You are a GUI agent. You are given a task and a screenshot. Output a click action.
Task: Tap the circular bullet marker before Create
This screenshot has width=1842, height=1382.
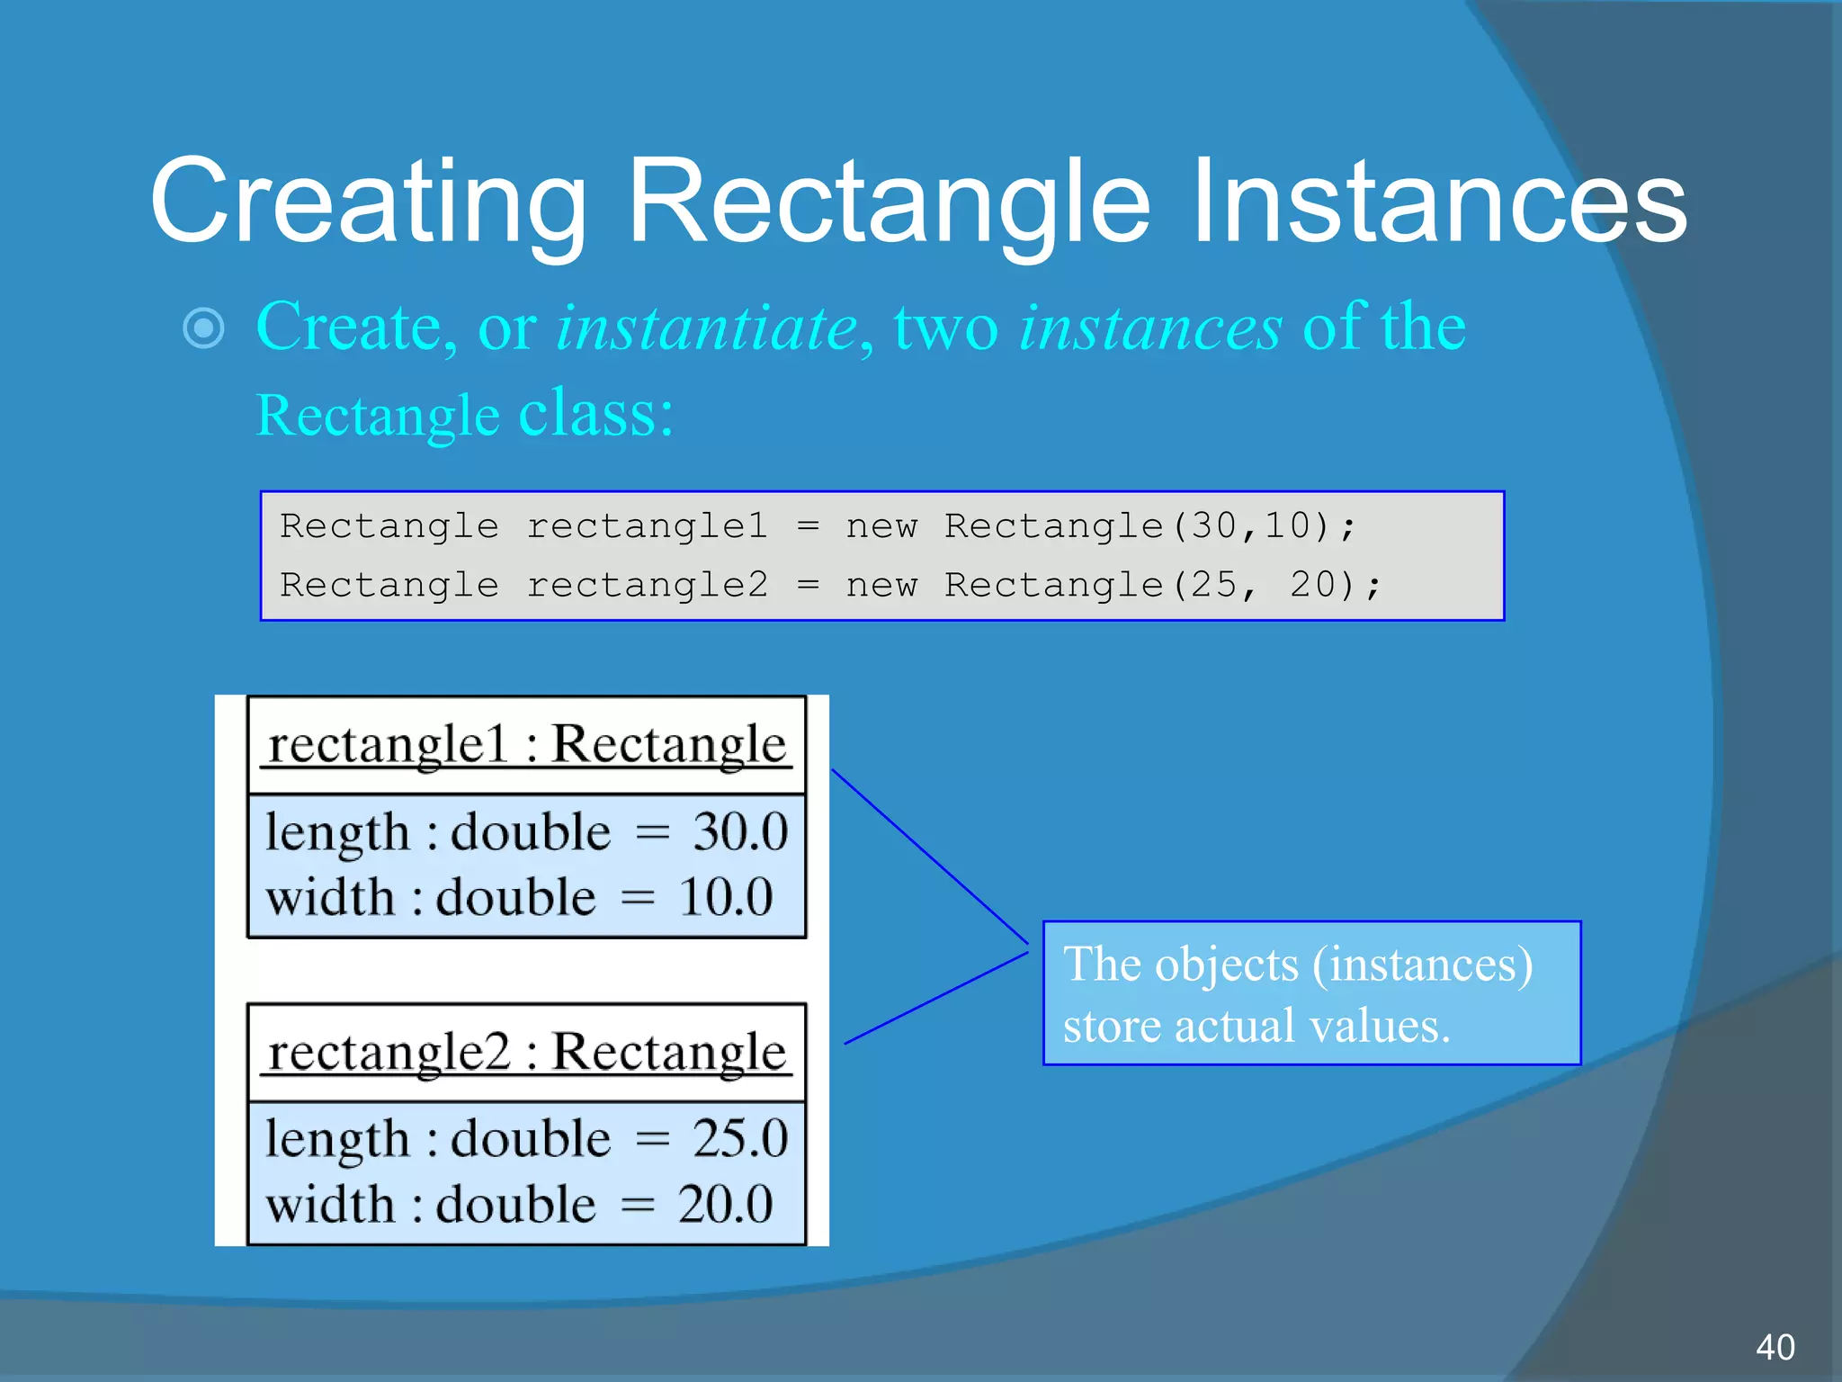(x=203, y=328)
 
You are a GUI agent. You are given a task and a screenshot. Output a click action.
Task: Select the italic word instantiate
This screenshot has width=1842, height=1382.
(x=707, y=328)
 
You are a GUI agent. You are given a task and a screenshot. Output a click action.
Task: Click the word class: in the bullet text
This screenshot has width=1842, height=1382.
(x=595, y=414)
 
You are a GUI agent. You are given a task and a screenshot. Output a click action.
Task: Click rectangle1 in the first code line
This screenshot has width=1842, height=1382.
(x=647, y=525)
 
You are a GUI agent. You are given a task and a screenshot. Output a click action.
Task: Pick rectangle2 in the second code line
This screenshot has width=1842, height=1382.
(x=647, y=585)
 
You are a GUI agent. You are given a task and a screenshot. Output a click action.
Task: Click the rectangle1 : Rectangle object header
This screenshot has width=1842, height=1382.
(x=527, y=745)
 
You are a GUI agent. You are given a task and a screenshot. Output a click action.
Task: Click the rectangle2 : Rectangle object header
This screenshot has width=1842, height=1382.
(x=527, y=1052)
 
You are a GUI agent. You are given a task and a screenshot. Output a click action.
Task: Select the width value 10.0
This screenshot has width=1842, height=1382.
(x=725, y=897)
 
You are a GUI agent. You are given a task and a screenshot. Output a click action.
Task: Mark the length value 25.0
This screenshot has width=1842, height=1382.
(x=739, y=1138)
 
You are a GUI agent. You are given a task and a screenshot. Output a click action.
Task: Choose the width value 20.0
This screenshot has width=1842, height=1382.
(x=725, y=1204)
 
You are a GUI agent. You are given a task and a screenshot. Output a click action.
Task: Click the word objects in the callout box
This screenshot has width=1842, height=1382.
(x=1227, y=965)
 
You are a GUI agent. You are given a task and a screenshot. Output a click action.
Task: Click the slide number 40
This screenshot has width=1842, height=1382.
(x=1775, y=1347)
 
